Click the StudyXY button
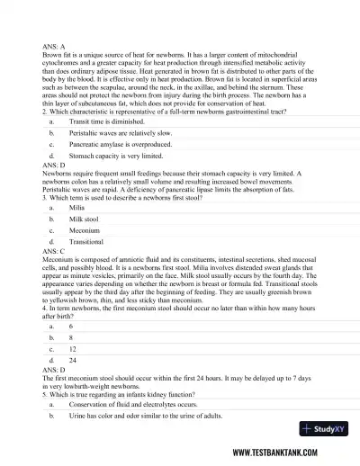pos(319,429)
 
